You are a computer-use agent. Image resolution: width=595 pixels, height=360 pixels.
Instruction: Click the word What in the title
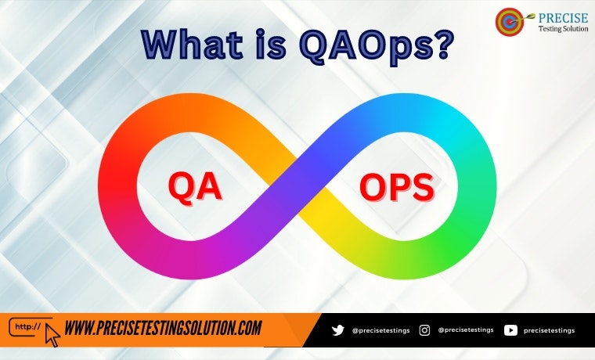pyautogui.click(x=196, y=45)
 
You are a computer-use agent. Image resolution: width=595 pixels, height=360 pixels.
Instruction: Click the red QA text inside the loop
pyautogui.click(x=195, y=187)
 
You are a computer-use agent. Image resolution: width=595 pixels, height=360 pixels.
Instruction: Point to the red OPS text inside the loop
pyautogui.click(x=396, y=189)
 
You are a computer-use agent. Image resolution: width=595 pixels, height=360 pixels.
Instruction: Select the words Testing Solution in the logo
pyautogui.click(x=563, y=29)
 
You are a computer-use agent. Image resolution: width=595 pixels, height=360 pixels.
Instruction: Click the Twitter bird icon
pyautogui.click(x=338, y=330)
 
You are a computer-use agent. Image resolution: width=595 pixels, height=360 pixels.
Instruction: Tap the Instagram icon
pyautogui.click(x=424, y=330)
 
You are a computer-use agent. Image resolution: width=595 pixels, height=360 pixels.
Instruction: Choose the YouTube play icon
pyautogui.click(x=510, y=330)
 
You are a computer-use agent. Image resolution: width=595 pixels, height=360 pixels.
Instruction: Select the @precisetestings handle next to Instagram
pyautogui.click(x=465, y=330)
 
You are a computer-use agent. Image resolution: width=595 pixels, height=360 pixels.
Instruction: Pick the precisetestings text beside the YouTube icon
pyautogui.click(x=549, y=330)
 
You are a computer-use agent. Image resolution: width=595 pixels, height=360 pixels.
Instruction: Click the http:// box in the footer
pyautogui.click(x=29, y=326)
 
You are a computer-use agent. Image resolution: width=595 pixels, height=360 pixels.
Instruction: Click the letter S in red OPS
pyautogui.click(x=421, y=189)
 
